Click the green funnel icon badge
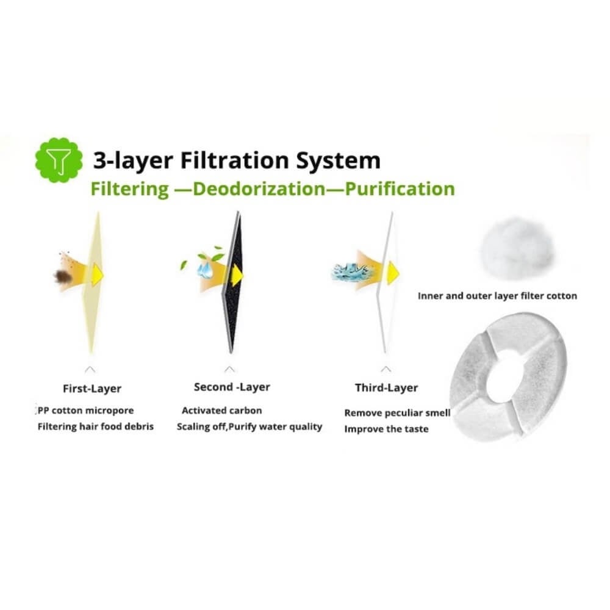pos(59,161)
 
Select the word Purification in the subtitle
pos(400,188)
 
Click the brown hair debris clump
pos(63,277)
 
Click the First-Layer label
pos(92,389)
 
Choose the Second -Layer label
pos(232,387)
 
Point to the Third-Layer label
pos(387,388)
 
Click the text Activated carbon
pos(222,411)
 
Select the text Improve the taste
pos(386,429)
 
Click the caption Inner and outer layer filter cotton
pos(497,296)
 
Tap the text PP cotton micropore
pos(85,410)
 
